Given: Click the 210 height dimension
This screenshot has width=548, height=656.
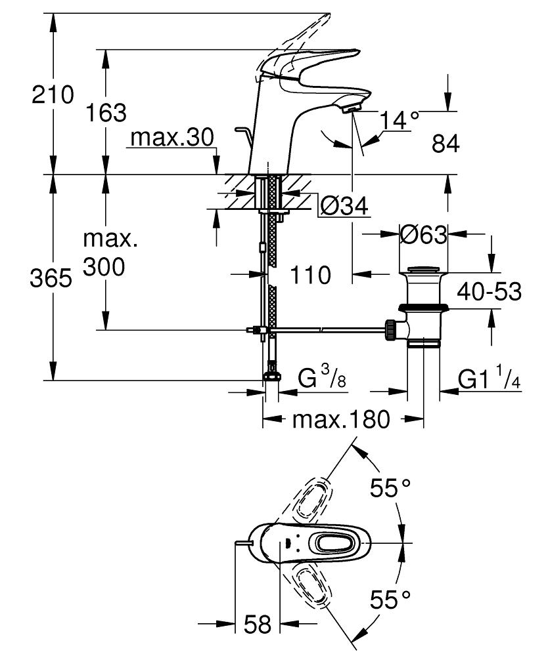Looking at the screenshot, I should [x=54, y=95].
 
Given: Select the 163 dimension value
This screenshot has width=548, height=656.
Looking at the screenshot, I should [x=106, y=112].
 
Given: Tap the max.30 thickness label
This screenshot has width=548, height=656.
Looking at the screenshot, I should [x=172, y=138].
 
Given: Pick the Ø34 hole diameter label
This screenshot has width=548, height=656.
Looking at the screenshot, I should [x=343, y=207].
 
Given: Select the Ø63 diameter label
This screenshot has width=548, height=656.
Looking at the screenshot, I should [x=424, y=234].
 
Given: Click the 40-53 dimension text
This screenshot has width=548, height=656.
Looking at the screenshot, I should [x=490, y=291].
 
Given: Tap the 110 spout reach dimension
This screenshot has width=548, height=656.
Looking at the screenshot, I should [x=311, y=276].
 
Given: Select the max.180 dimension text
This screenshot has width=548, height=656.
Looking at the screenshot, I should [x=340, y=419].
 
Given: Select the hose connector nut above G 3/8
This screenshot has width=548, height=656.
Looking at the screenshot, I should [x=271, y=377].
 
